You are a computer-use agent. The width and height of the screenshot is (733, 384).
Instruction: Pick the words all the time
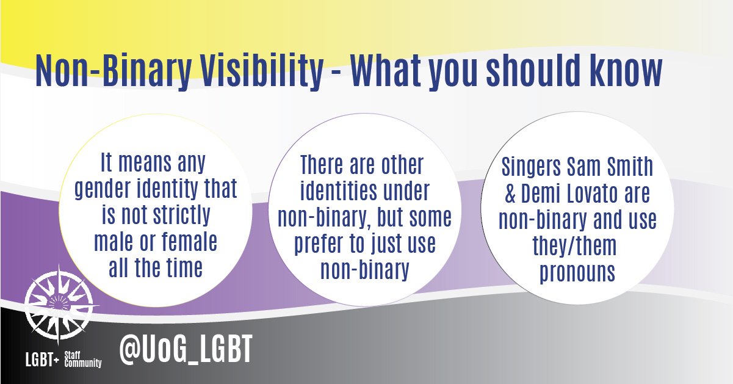click(156, 269)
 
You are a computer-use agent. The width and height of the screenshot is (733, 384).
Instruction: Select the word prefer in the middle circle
click(322, 244)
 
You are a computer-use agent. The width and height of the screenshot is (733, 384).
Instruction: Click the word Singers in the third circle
click(532, 166)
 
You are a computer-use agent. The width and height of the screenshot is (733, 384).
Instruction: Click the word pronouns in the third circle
click(577, 272)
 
